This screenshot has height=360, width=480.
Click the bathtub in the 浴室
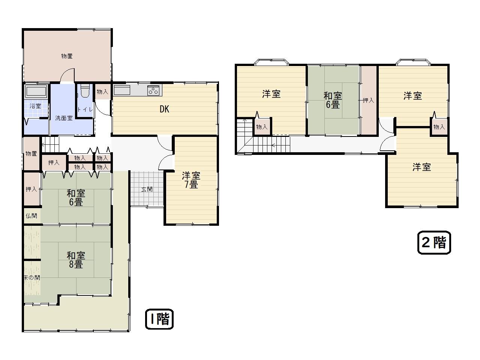(x=36, y=91)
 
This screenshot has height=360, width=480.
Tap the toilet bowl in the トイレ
(x=85, y=91)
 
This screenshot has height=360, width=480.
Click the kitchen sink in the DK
(x=122, y=90)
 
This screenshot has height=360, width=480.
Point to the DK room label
(x=165, y=109)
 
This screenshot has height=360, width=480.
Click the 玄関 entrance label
(x=147, y=189)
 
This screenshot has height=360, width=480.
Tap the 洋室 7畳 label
(x=191, y=180)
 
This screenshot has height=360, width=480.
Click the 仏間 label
(x=31, y=216)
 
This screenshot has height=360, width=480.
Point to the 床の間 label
(x=32, y=277)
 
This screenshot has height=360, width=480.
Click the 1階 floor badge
(x=159, y=319)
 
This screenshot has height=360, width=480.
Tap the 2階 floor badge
(x=434, y=243)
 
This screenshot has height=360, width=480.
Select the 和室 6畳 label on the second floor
(x=333, y=100)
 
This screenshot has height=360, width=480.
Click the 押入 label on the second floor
(x=369, y=100)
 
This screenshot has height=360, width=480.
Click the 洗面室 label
(x=64, y=118)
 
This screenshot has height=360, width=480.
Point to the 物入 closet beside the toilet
(x=102, y=92)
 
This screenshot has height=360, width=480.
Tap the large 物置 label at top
(x=67, y=56)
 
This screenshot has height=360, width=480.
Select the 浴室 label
(x=35, y=106)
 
